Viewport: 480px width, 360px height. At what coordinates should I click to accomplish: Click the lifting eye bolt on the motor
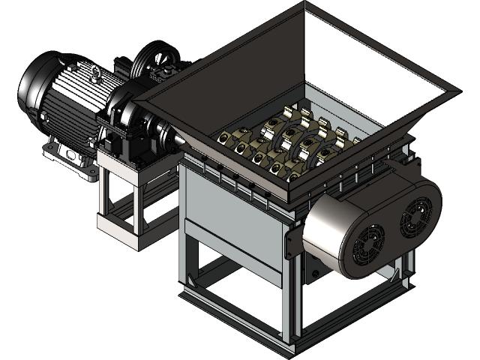(94, 73)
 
